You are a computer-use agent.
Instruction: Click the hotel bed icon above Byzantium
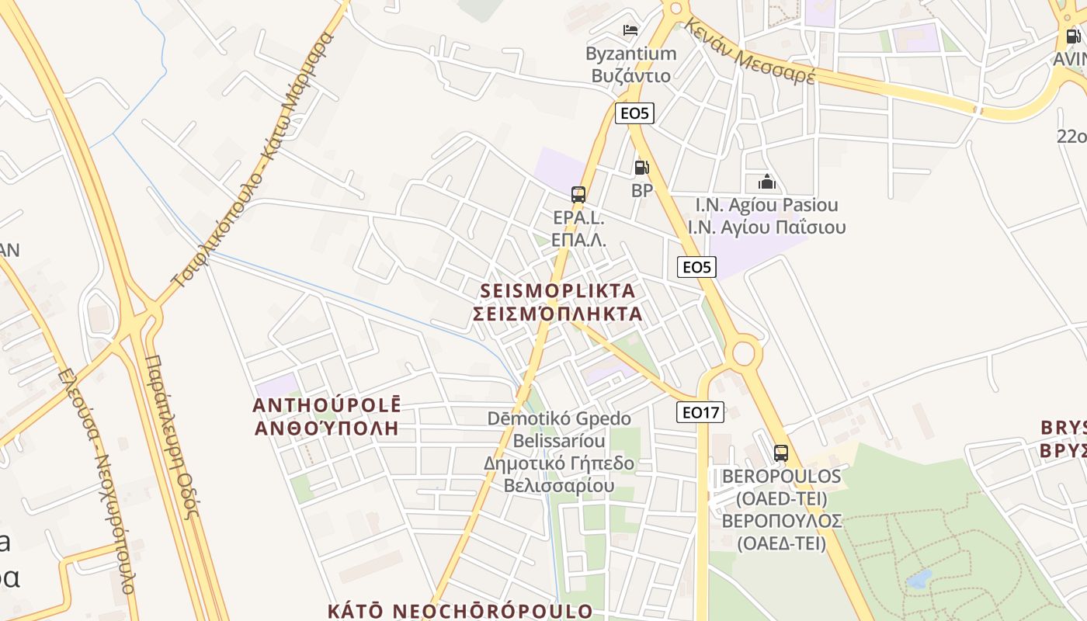point(630,30)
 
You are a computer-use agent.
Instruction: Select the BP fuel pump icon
point(641,167)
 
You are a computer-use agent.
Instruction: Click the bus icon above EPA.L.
point(578,194)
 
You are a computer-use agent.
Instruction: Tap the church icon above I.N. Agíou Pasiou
point(767,182)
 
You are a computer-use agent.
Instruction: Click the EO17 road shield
point(700,412)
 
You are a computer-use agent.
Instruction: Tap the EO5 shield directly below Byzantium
point(634,113)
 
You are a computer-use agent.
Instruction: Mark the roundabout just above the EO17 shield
point(743,353)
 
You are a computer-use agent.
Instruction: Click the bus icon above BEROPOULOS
point(781,453)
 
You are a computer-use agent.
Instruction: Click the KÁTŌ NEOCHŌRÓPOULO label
point(460,611)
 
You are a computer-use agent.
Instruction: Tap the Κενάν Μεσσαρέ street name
point(749,51)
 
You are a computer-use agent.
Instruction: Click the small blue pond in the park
point(919,578)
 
